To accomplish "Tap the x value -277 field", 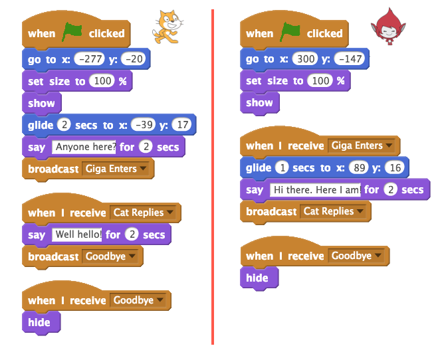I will coord(90,59).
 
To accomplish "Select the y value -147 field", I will coord(350,59).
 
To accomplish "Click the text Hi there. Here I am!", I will coord(316,190).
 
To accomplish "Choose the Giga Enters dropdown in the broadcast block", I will coord(116,169).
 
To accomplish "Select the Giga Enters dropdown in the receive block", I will coord(361,145).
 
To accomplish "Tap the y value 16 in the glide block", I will coord(397,168).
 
